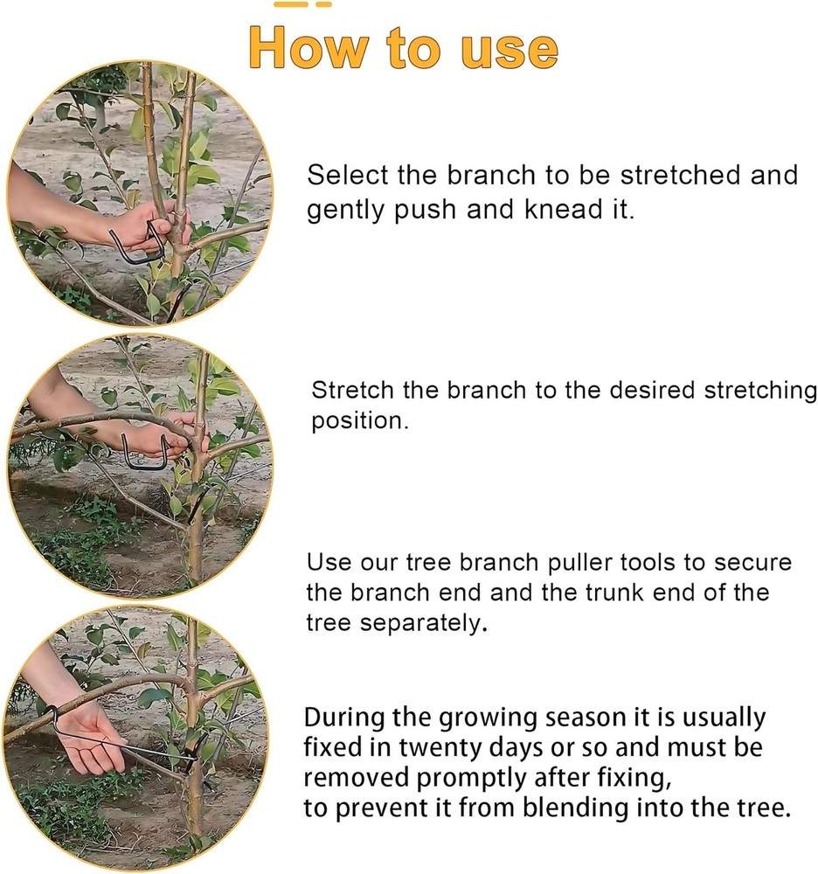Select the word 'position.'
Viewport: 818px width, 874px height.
[x=360, y=421]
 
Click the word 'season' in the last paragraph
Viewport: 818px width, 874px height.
[x=556, y=718]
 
